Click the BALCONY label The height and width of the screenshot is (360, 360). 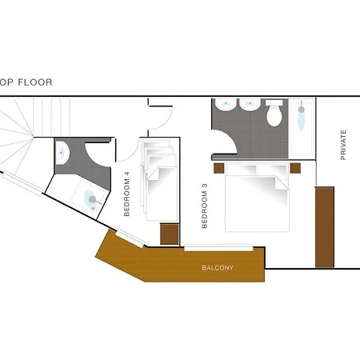click(218, 268)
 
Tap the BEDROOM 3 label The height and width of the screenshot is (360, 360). click(205, 206)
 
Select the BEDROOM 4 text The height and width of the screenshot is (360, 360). click(126, 194)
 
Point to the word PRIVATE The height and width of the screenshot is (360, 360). click(343, 145)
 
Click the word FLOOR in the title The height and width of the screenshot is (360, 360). click(35, 82)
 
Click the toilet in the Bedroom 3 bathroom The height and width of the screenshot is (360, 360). click(274, 113)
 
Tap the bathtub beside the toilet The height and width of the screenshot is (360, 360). click(302, 126)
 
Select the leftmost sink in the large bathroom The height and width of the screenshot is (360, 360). click(226, 105)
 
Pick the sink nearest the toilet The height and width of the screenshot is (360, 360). click(250, 105)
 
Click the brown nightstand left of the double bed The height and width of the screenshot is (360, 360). click(219, 168)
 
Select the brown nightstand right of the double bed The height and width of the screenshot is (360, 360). click(295, 168)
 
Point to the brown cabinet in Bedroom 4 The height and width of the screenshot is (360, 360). click(170, 234)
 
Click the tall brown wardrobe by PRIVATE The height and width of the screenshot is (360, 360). click(325, 227)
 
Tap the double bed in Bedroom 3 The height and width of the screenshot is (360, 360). click(257, 198)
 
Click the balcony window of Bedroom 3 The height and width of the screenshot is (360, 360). click(218, 248)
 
